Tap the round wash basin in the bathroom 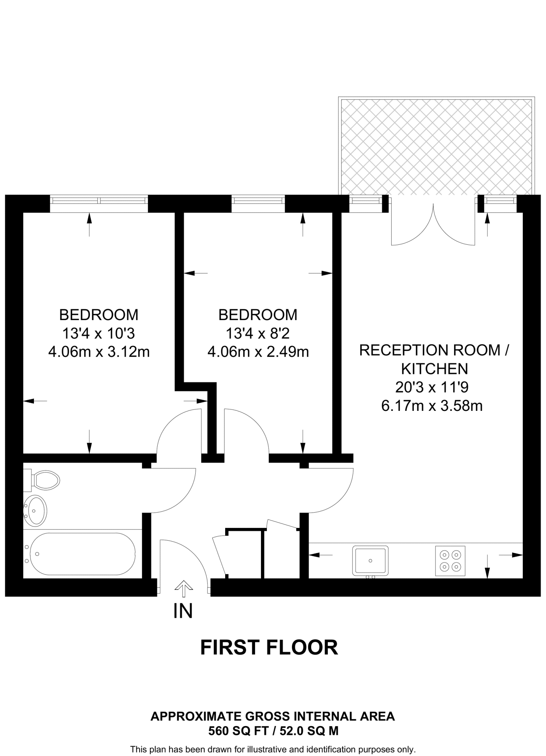[x=35, y=511]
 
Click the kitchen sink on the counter [x=370, y=560]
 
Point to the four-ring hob [x=450, y=560]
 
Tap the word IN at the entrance [x=183, y=611]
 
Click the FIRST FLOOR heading [x=269, y=648]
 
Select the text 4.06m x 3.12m [x=99, y=352]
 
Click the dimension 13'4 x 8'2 [x=258, y=334]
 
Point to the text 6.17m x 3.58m [x=432, y=406]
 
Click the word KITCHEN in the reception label [x=435, y=369]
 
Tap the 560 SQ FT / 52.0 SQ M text [x=273, y=731]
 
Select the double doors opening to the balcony [x=433, y=225]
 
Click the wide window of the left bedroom [x=99, y=200]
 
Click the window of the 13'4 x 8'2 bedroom [x=258, y=200]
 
